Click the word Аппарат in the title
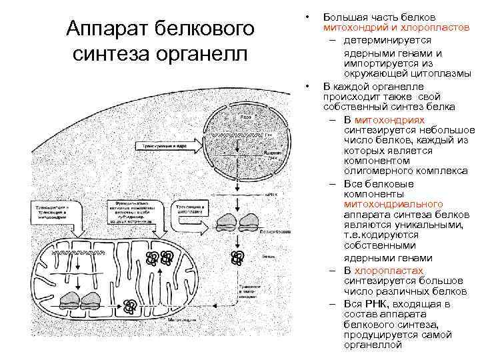(x=105, y=29)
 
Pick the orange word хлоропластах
(x=389, y=270)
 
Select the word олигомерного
(x=374, y=171)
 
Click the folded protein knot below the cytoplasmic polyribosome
(x=236, y=257)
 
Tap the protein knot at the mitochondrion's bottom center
(x=131, y=306)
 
